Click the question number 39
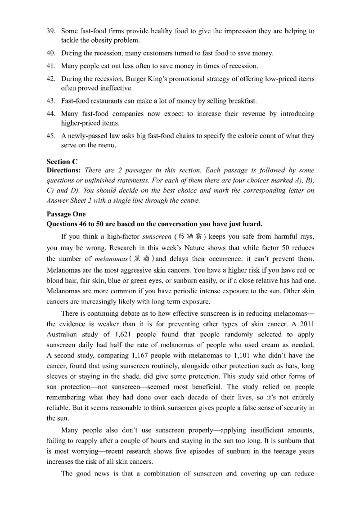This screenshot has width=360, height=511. click(51, 31)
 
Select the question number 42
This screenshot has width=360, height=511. click(51, 79)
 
